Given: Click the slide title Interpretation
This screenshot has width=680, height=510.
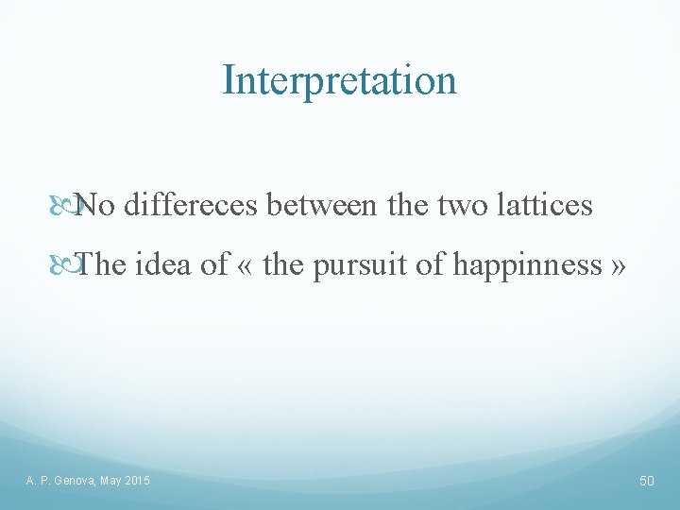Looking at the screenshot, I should click(x=339, y=80).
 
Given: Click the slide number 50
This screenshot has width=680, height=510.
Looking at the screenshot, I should click(x=647, y=482).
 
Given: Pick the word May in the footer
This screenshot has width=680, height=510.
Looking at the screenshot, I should click(x=110, y=482).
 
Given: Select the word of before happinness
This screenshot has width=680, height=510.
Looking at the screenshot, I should click(x=431, y=264).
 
